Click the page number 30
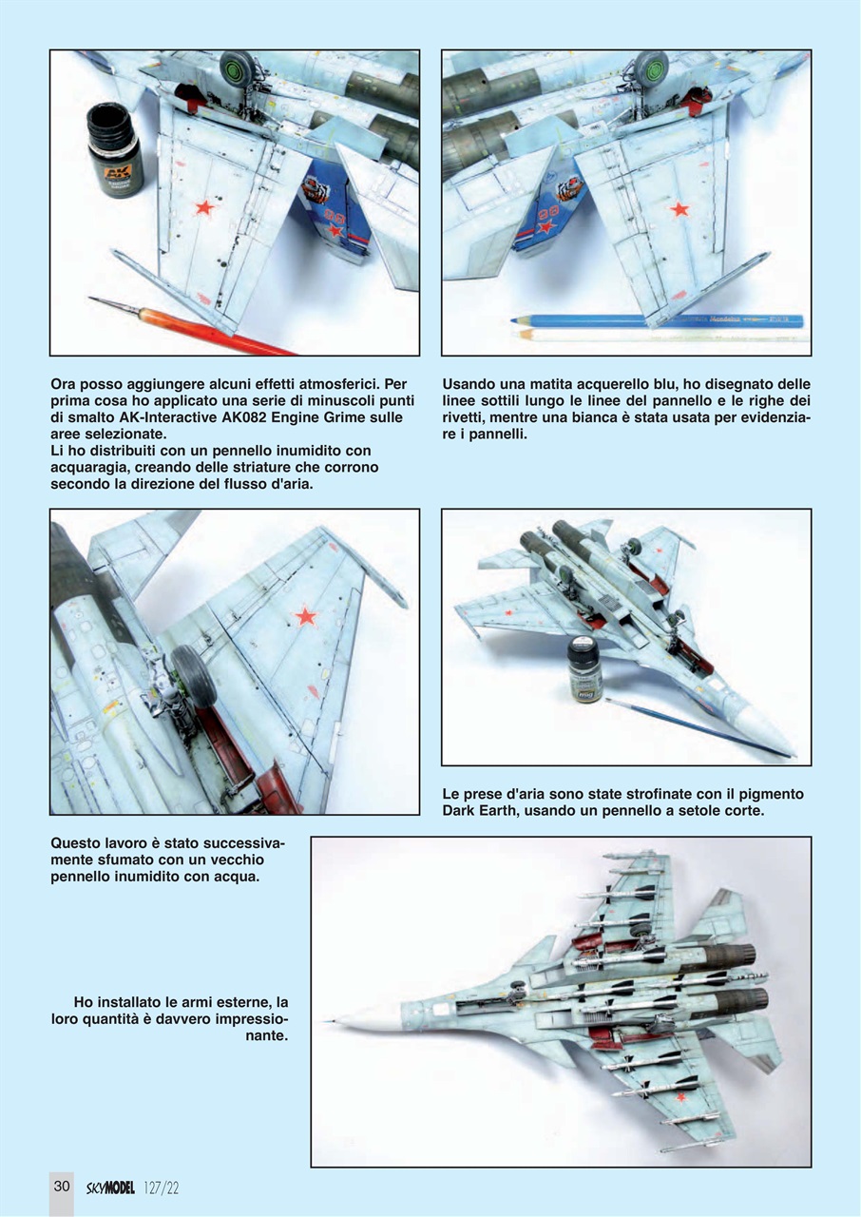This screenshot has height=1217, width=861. [62, 1186]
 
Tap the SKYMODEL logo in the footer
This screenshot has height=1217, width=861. [109, 1187]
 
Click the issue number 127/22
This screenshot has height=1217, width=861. [163, 1187]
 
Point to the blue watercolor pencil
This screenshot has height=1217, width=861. [656, 321]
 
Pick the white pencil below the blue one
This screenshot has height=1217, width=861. [656, 336]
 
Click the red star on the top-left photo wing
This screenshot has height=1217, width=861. [202, 205]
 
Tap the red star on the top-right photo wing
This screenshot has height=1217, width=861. [678, 208]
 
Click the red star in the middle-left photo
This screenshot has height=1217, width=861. [305, 616]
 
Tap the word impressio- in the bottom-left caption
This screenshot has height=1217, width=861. [248, 1019]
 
